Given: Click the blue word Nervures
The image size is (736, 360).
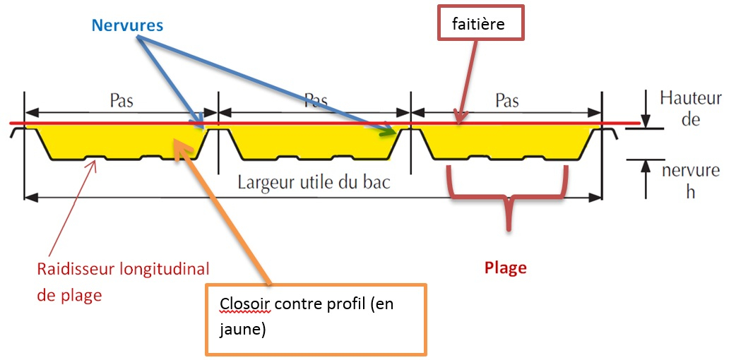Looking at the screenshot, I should [x=127, y=25].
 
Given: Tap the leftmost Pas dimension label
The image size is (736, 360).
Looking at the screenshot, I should [x=121, y=100].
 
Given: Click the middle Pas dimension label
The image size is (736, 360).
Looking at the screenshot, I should [x=315, y=100].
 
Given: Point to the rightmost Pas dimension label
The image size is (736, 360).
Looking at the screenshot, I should [x=507, y=100].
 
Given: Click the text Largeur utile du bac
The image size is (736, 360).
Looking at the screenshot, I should [x=314, y=182].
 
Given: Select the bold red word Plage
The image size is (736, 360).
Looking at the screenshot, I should [x=505, y=268].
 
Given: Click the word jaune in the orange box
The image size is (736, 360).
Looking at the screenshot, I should [x=243, y=330].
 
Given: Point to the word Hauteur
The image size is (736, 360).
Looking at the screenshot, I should [x=691, y=98].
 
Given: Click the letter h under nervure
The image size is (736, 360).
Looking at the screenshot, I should [x=690, y=191].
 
